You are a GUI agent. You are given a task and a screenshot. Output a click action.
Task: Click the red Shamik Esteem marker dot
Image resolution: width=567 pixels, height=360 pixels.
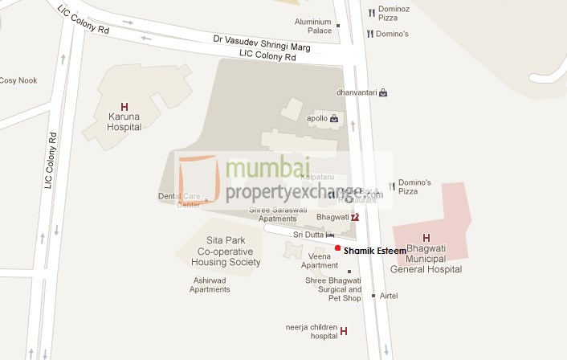coord(338,247)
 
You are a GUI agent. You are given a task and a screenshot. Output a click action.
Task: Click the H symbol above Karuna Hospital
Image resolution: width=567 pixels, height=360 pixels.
coord(124,106)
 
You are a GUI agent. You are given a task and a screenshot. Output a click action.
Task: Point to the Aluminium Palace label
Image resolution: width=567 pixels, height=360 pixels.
coord(312,26)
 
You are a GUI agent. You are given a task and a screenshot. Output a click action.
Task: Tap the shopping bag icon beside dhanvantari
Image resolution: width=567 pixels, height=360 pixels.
coord(384,92)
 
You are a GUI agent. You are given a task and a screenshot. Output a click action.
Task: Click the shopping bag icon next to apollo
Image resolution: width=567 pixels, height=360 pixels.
coord(333,118)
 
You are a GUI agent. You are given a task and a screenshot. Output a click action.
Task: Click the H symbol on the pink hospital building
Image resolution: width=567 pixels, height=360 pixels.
coord(426,238)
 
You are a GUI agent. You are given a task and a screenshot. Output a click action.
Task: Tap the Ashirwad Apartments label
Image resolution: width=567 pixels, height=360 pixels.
coord(210,284)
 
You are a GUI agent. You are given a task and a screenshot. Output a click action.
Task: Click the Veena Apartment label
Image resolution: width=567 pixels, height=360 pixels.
coord(319,260)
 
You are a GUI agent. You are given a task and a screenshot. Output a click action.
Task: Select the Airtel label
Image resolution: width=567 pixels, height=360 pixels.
coord(388,296)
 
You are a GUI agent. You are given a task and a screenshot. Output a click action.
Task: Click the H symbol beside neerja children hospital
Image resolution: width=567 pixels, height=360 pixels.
coord(344,331)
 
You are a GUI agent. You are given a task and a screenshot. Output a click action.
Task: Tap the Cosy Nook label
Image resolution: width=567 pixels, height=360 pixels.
coord(18,80)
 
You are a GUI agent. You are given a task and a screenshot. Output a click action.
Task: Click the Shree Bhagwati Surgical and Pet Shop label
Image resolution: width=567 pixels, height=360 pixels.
coord(333,289)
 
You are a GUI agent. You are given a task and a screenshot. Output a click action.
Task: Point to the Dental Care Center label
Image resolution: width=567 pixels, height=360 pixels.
coord(178,200)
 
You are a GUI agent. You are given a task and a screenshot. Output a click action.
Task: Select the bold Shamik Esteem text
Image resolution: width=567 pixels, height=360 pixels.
coord(375,251)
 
